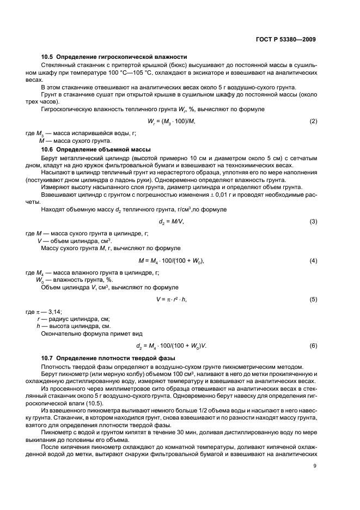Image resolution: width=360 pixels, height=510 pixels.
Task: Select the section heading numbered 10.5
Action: pyautogui.click(x=114, y=57)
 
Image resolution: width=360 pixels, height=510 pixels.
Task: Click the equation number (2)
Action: pyautogui.click(x=313, y=120)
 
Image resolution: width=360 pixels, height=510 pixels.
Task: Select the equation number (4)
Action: pyautogui.click(x=313, y=261)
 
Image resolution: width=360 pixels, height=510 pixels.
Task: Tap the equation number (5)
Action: pyautogui.click(x=313, y=300)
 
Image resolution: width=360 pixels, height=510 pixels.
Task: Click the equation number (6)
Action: pyautogui.click(x=313, y=346)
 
